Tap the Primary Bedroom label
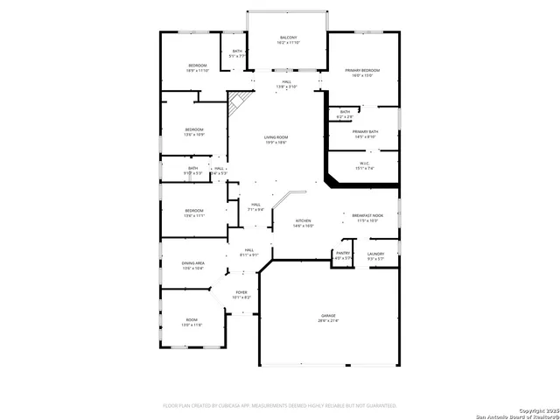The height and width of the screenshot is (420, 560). [x=362, y=73]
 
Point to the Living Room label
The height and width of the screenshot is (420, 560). [x=276, y=140]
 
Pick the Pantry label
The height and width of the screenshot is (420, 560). [x=343, y=255]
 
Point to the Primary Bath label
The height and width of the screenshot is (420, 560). [x=365, y=134]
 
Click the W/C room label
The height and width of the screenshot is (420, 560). [x=365, y=165]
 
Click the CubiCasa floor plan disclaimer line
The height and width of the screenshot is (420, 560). [x=280, y=406]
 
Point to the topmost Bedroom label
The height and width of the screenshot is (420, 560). [x=198, y=68]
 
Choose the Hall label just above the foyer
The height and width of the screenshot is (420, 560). [x=249, y=252]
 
